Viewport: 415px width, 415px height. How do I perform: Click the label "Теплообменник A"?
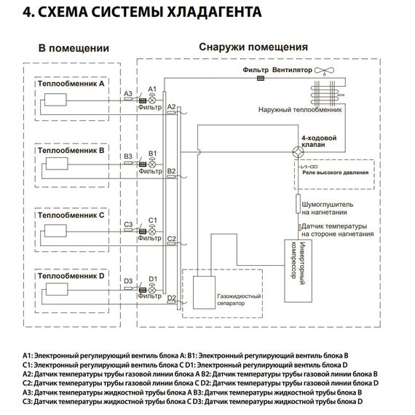pos(72,84)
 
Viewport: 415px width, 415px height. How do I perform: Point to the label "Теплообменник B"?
pos(72,149)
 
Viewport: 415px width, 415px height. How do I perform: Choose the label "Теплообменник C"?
pos(72,216)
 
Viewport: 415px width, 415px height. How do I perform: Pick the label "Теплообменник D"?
pos(72,277)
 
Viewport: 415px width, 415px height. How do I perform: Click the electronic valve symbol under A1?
pos(153,96)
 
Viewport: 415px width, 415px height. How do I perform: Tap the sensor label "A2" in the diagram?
pos(171,106)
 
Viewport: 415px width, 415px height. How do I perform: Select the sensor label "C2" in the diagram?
pos(171,238)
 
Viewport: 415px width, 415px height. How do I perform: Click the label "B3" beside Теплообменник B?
pos(127,157)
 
